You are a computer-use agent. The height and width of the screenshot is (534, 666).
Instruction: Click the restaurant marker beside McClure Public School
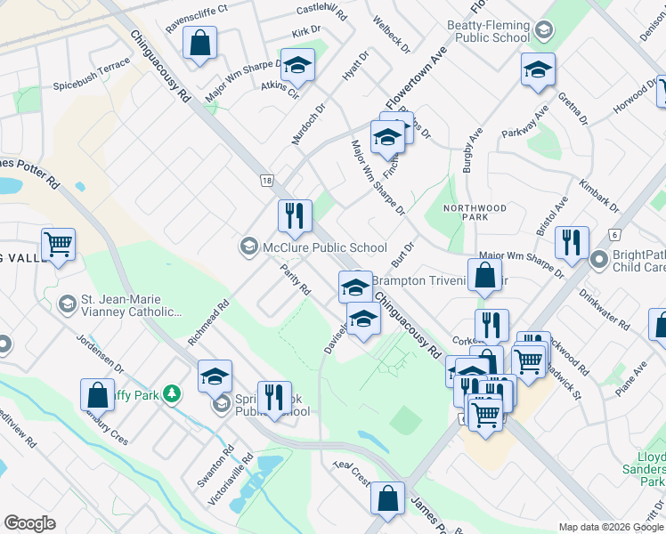pyautogui.click(x=295, y=216)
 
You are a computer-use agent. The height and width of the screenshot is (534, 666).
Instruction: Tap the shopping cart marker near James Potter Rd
pyautogui.click(x=58, y=244)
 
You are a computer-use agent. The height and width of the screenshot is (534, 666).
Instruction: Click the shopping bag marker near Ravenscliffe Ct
pyautogui.click(x=199, y=43)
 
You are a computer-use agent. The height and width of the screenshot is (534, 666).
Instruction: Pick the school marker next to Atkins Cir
pyautogui.click(x=297, y=66)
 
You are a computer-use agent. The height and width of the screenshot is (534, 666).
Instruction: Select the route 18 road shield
pyautogui.click(x=266, y=180)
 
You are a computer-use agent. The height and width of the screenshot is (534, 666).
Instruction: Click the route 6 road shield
pyautogui.click(x=614, y=234)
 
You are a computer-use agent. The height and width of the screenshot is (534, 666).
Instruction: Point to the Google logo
pyautogui.click(x=29, y=523)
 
